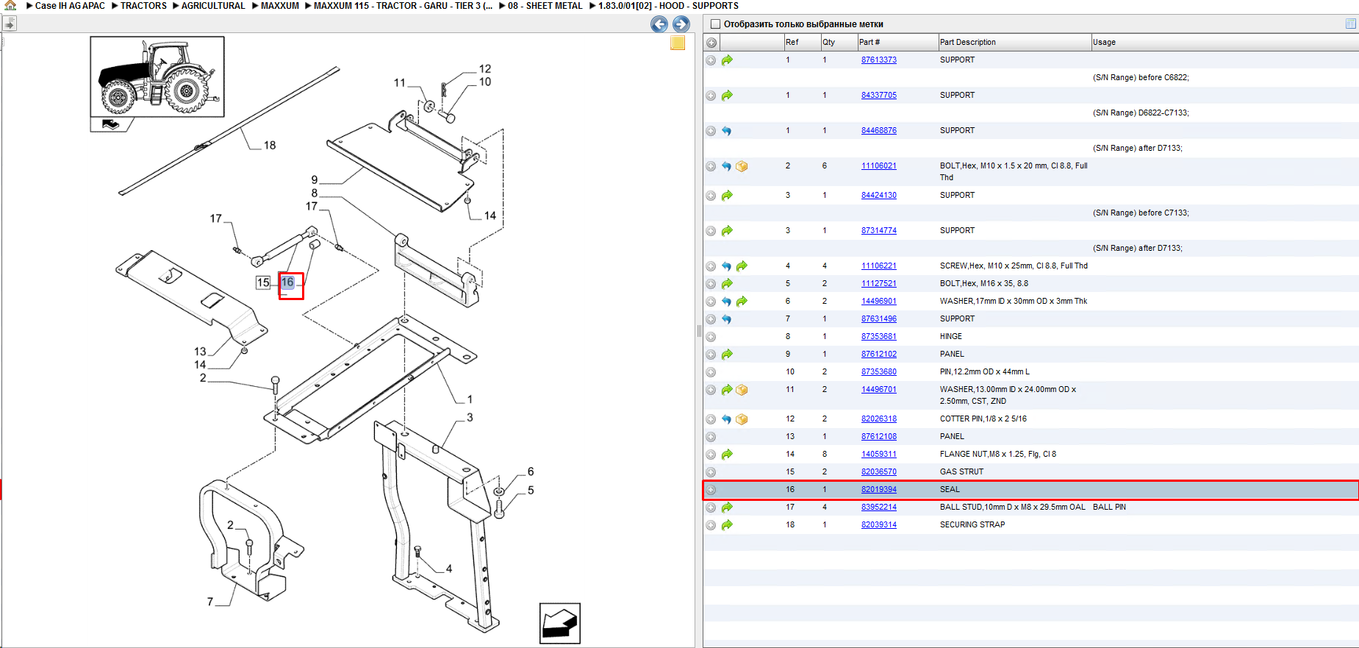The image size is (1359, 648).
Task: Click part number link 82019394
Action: pyautogui.click(x=878, y=489)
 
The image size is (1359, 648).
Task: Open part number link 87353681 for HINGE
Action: pyautogui.click(x=878, y=336)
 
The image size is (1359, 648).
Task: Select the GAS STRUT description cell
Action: pyautogui.click(x=961, y=471)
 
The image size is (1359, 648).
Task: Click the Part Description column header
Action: pyautogui.click(x=967, y=42)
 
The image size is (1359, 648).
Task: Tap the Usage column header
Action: pyautogui.click(x=1104, y=42)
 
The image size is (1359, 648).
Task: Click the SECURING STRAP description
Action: pyautogui.click(x=972, y=524)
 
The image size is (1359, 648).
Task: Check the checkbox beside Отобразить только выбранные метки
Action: pyautogui.click(x=715, y=24)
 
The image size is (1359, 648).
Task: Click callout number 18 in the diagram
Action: pyautogui.click(x=270, y=145)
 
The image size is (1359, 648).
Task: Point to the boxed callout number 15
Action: pyautogui.click(x=263, y=282)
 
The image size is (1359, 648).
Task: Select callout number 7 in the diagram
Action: pyautogui.click(x=210, y=602)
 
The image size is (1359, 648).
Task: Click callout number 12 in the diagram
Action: pyautogui.click(x=485, y=68)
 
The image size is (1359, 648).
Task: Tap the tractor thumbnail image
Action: pyautogui.click(x=157, y=76)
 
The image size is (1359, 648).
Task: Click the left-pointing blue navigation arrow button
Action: pyautogui.click(x=659, y=24)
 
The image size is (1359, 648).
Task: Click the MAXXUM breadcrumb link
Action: pyautogui.click(x=280, y=5)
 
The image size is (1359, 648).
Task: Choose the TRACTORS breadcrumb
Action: pyautogui.click(x=143, y=5)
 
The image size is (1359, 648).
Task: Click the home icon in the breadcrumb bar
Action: pyautogui.click(x=10, y=5)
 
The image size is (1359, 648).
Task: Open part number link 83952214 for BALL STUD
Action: pyautogui.click(x=878, y=507)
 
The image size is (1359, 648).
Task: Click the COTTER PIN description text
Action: pyautogui.click(x=983, y=419)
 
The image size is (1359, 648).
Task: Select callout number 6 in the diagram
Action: pyautogui.click(x=531, y=471)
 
